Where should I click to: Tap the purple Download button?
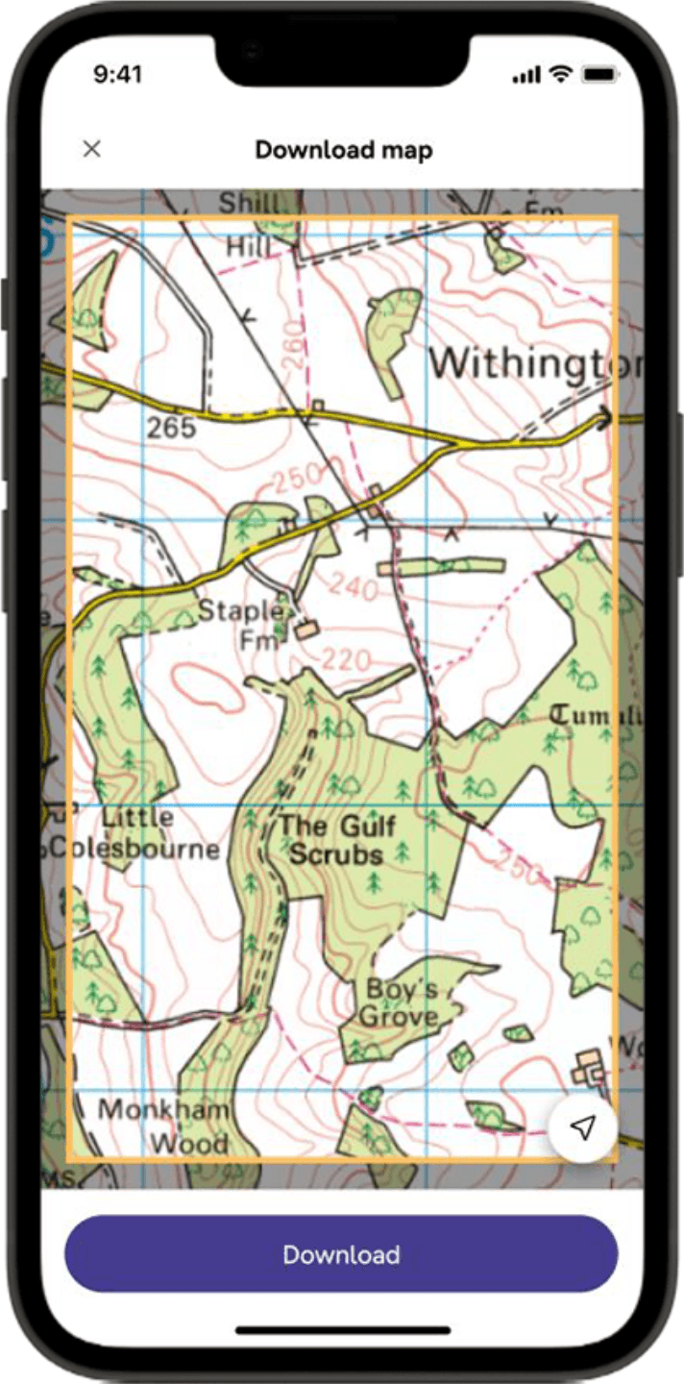pos(341,1254)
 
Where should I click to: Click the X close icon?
pos(91,149)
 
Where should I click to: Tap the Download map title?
pos(343,150)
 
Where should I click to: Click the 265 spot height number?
pos(172,428)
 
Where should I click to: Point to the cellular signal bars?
pos(525,75)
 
